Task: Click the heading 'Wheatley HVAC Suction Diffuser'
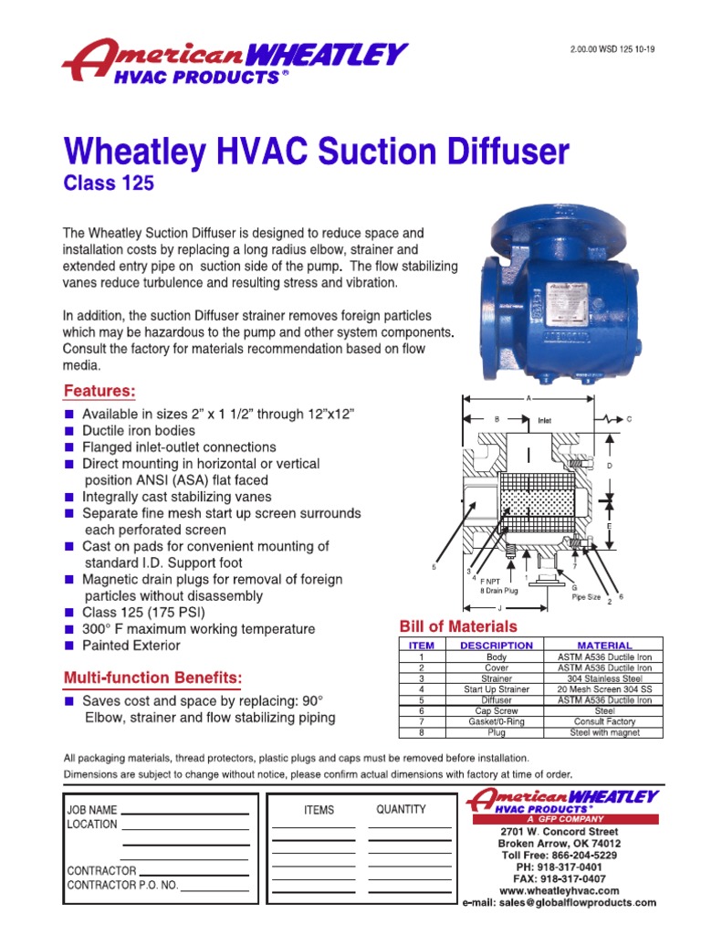[x=316, y=151]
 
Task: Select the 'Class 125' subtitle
[x=109, y=184]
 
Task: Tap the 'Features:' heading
[x=99, y=392]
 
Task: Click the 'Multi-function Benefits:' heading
[x=152, y=678]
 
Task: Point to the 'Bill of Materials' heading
[x=458, y=626]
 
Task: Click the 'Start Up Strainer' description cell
[x=496, y=689]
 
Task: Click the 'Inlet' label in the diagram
[x=545, y=421]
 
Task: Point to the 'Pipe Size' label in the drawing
[x=586, y=597]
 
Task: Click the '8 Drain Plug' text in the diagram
[x=500, y=591]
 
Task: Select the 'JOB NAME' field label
[x=92, y=810]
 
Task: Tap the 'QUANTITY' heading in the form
[x=401, y=809]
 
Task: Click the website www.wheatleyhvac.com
[x=560, y=890]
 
